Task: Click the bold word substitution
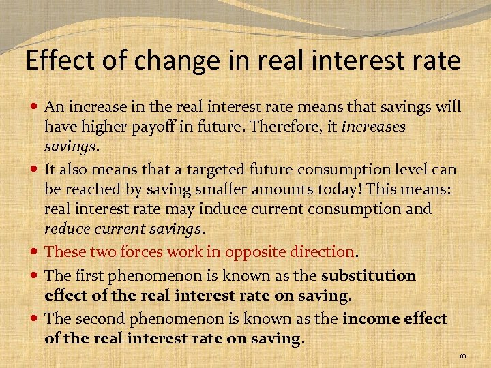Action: click(x=368, y=276)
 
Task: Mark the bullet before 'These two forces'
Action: click(x=35, y=252)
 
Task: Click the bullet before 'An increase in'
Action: click(x=35, y=108)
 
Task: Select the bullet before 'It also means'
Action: click(x=35, y=169)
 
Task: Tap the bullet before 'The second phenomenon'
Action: click(x=35, y=319)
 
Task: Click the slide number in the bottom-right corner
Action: click(x=462, y=355)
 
